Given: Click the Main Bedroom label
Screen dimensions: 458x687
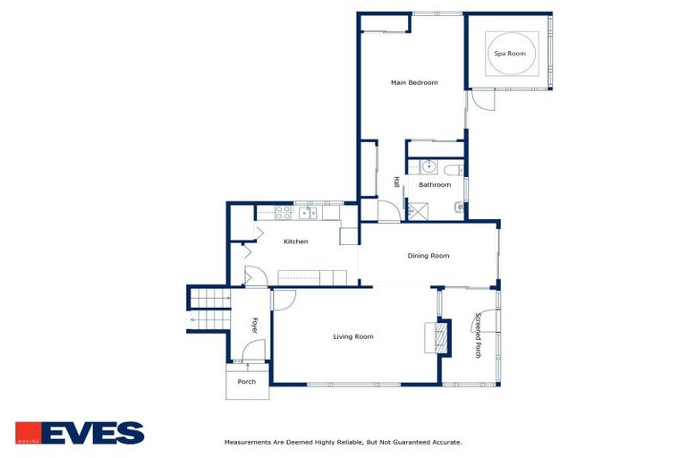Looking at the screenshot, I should click(x=414, y=83).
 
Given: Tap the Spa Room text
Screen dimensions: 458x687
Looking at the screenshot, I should click(x=509, y=54).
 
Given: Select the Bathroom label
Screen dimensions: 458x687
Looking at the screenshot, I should click(x=435, y=185).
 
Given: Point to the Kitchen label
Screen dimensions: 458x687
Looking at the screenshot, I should click(x=295, y=242).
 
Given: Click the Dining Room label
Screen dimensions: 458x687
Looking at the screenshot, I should click(x=428, y=256).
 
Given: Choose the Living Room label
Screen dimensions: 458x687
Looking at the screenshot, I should click(x=352, y=336).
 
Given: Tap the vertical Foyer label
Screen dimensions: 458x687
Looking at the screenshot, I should click(x=253, y=326).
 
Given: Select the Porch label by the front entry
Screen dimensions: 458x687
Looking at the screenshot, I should click(x=246, y=382).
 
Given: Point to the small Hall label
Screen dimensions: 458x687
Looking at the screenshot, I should click(x=395, y=182).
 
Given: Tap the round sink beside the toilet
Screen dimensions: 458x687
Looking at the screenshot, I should click(x=428, y=166).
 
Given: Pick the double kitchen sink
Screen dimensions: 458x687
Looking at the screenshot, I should click(x=307, y=213).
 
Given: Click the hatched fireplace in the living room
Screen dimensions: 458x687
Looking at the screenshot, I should click(x=437, y=338).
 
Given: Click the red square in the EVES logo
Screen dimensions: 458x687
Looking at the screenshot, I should click(x=27, y=434).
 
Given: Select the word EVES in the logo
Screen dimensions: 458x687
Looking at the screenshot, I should click(x=92, y=434).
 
